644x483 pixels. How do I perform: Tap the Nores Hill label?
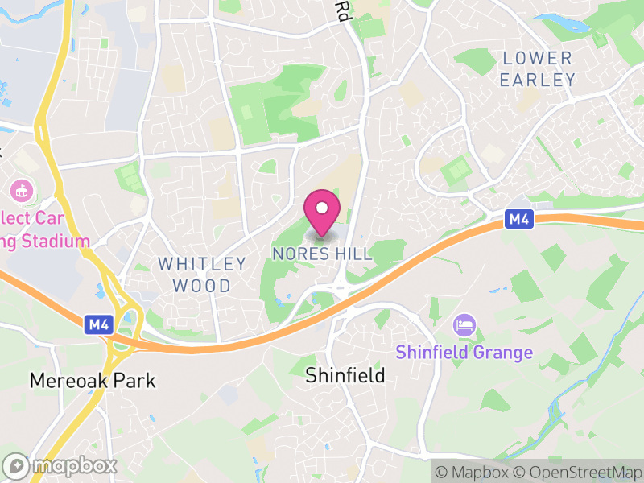click(322, 254)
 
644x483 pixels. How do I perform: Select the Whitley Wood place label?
click(202, 275)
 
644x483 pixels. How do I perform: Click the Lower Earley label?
click(538, 69)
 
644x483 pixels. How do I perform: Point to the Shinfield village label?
click(345, 375)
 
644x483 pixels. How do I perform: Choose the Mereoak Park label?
click(92, 380)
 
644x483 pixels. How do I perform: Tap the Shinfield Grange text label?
click(464, 353)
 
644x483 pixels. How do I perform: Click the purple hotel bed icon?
click(464, 326)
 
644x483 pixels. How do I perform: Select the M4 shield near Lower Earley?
click(519, 218)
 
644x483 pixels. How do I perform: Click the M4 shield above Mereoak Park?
click(98, 324)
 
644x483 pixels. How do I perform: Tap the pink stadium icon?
click(21, 192)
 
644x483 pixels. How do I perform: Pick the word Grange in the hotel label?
click(504, 353)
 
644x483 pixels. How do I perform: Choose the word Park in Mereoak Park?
click(133, 380)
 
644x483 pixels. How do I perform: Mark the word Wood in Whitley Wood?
click(212, 286)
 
